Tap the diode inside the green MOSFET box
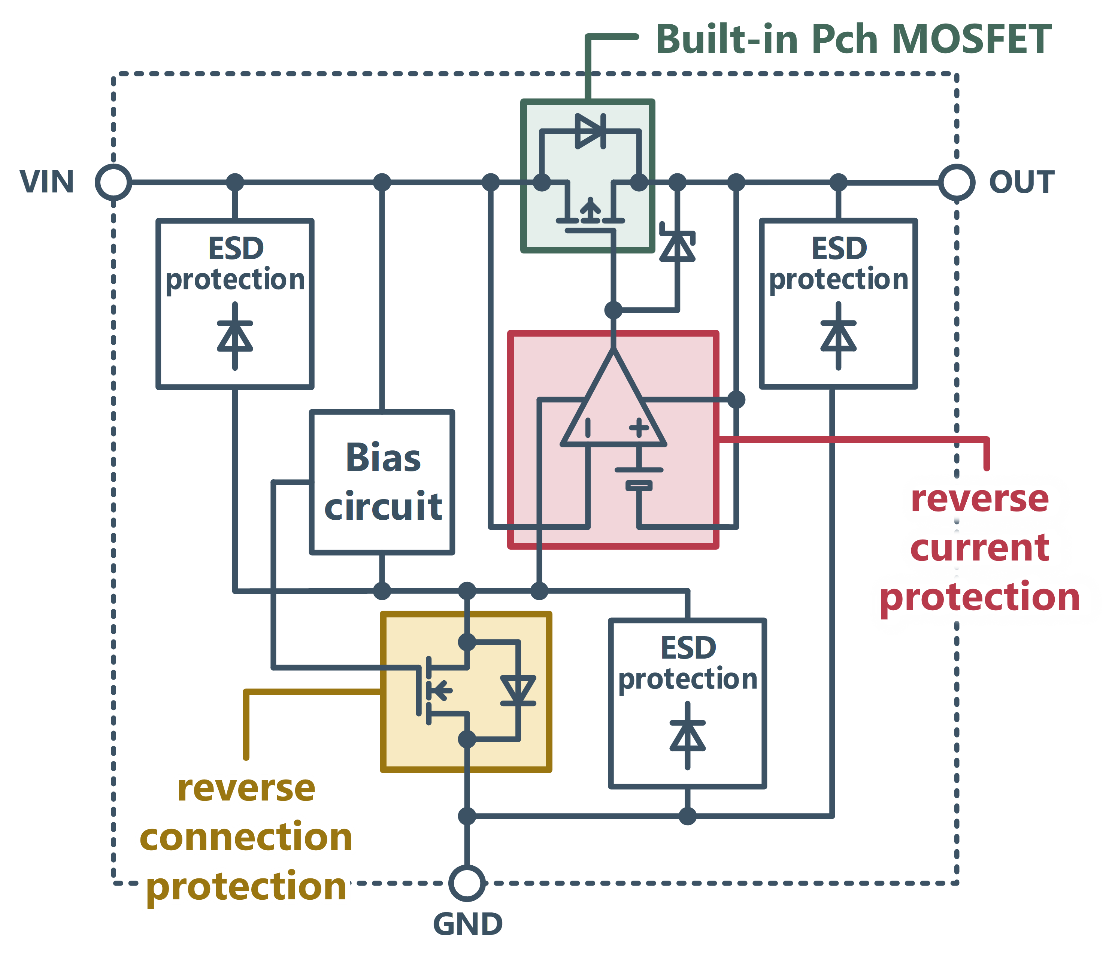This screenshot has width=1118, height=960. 590,131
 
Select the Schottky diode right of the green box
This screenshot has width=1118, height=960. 678,246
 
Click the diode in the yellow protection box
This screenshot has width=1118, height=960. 518,690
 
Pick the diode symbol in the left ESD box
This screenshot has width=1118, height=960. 235,335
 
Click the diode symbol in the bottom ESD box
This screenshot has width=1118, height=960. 687,735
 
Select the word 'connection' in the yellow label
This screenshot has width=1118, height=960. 246,837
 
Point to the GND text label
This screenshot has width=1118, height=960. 468,924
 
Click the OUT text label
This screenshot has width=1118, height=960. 1021,182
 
